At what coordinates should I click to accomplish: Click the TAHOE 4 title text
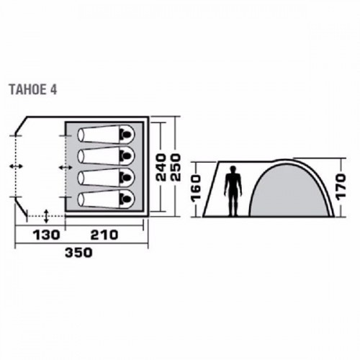33,90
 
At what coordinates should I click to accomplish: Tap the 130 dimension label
46,235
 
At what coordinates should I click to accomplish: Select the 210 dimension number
104,235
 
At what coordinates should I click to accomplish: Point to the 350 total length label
78,253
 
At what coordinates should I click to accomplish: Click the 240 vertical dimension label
161,167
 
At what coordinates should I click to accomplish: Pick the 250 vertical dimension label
176,167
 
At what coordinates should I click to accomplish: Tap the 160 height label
195,188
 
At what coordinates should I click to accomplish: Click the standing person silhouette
233,192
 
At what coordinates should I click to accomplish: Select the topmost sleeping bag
106,135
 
